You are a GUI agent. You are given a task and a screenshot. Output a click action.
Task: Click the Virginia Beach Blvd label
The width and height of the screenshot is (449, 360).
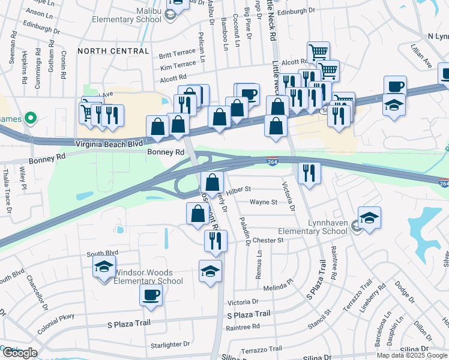click(x=109, y=144)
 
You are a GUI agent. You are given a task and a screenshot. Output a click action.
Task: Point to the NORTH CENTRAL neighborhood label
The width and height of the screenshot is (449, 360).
click(x=113, y=51)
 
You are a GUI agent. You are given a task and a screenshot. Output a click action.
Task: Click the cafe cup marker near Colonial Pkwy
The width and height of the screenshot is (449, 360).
click(x=151, y=295)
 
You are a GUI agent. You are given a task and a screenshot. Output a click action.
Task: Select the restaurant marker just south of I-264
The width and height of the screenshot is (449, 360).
click(x=309, y=172)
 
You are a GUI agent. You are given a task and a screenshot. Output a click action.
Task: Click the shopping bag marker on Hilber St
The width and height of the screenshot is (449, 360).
click(x=212, y=181)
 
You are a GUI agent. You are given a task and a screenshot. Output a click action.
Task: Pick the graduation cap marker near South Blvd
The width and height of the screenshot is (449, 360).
click(x=104, y=265)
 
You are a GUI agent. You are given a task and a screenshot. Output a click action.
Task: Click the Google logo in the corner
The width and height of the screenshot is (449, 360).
click(x=19, y=353)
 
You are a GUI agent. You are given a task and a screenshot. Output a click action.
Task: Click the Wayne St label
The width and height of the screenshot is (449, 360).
click(x=264, y=202)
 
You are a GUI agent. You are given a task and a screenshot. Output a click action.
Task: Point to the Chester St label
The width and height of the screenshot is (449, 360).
click(x=268, y=240)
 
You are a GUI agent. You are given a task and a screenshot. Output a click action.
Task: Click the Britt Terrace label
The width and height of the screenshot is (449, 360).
click(x=177, y=55)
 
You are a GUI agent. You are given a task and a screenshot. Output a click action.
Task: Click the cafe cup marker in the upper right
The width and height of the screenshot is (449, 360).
click(x=394, y=85)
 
